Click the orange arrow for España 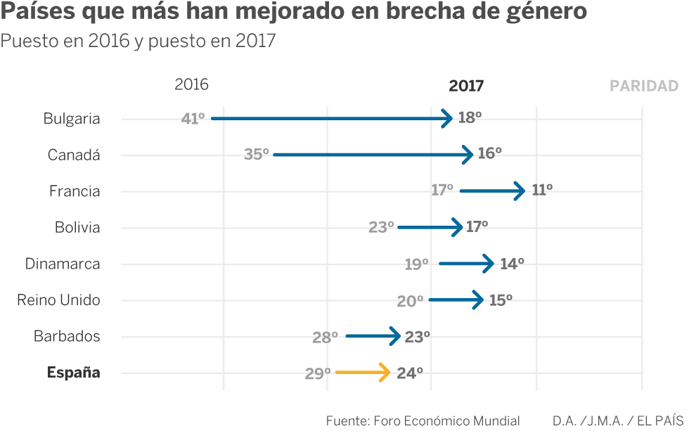(x=363, y=372)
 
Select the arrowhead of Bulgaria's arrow (x=447, y=118)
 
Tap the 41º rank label (x=193, y=119)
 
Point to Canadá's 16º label (x=489, y=153)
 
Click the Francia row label (x=75, y=191)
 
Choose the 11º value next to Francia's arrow (x=542, y=190)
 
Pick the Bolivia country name (x=77, y=227)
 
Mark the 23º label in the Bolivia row (x=381, y=227)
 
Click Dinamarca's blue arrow (x=466, y=264)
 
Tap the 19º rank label (x=416, y=264)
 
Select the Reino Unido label (x=58, y=300)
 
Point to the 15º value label (x=501, y=300)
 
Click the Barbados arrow (x=373, y=336)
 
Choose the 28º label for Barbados (x=325, y=337)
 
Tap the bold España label (x=73, y=373)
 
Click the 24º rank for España (x=410, y=373)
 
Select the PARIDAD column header (x=644, y=86)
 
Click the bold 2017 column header (x=466, y=86)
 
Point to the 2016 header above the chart (x=191, y=84)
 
